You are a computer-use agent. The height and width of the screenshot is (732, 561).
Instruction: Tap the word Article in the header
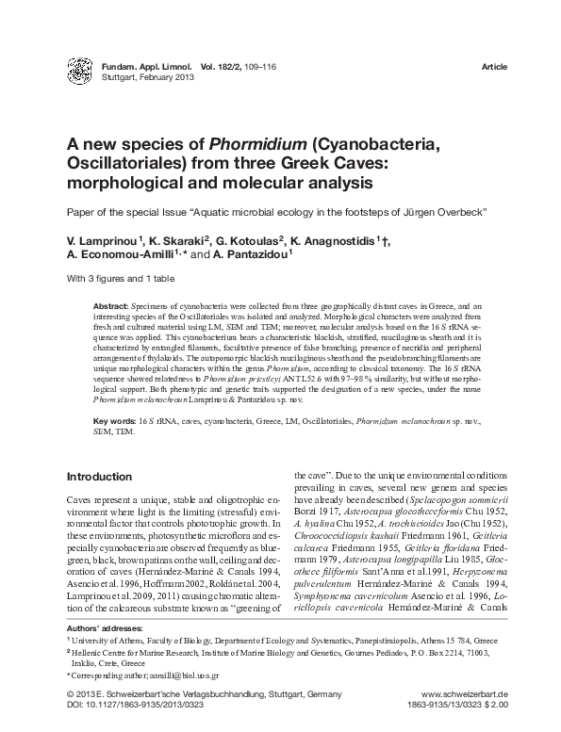tap(494, 68)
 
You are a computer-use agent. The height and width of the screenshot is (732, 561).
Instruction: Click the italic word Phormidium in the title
tap(262, 144)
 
